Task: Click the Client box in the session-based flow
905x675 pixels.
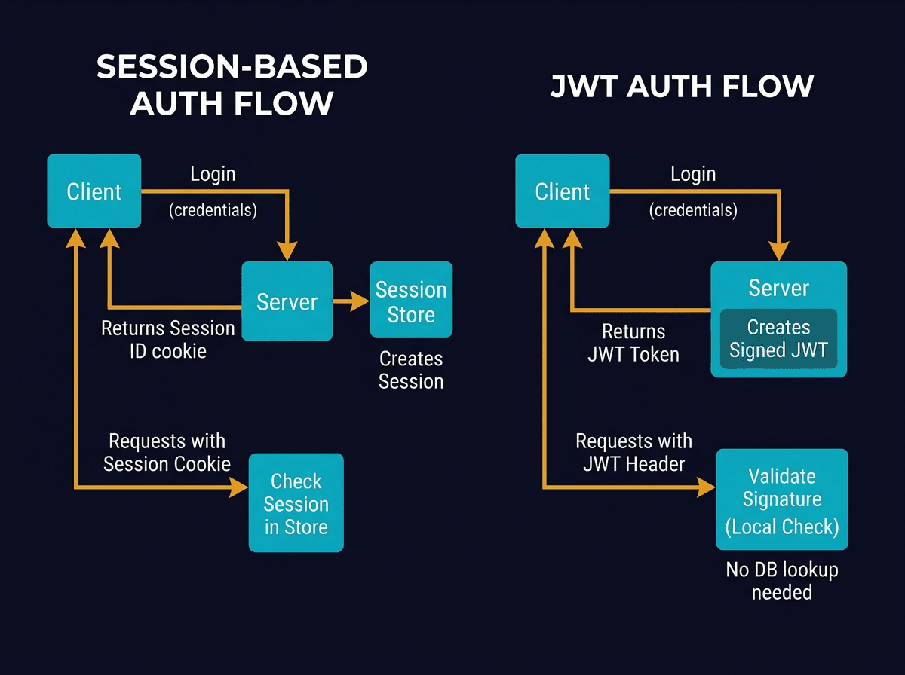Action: tap(94, 191)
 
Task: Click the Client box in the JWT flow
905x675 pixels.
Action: tap(562, 191)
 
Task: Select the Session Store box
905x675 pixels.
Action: tap(411, 300)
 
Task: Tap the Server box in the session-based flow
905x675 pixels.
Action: tap(287, 302)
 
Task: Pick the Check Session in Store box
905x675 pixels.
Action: tap(296, 503)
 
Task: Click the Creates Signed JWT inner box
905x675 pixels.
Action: tap(778, 339)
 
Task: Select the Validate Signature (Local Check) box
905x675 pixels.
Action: tap(781, 499)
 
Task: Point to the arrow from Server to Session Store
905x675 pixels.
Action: tap(350, 301)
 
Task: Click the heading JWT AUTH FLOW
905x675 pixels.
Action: tap(682, 86)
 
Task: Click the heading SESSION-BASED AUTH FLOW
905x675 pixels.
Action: tap(232, 84)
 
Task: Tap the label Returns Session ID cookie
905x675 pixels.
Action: tap(167, 339)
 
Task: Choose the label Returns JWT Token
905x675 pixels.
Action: tap(633, 343)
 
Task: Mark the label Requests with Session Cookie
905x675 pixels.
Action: tap(167, 452)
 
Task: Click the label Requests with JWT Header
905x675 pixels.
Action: tap(633, 452)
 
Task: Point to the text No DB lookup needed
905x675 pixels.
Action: tap(781, 581)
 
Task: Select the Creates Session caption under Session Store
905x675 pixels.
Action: tap(411, 370)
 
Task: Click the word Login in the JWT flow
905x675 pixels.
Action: tap(692, 174)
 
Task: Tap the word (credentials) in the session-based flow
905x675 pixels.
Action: tap(212, 210)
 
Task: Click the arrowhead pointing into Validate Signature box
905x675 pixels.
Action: tap(707, 487)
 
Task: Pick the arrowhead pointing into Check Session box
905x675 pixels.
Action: tap(240, 487)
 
